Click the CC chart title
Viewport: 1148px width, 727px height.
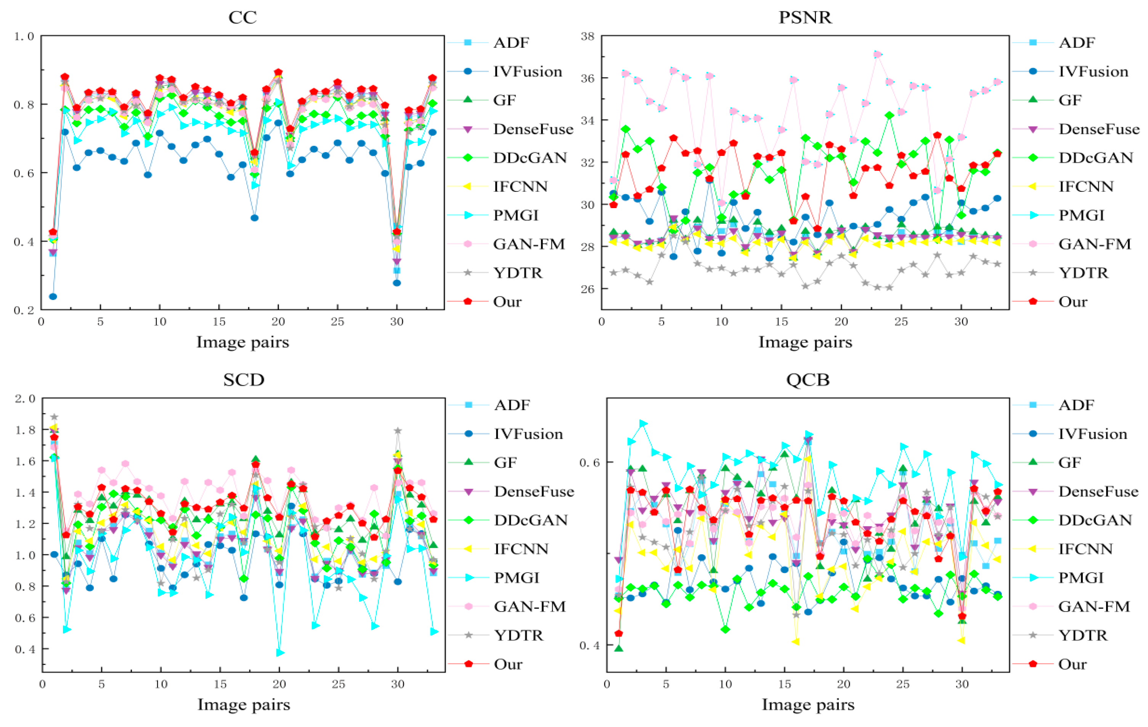click(x=242, y=17)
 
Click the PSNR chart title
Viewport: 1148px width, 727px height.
click(x=805, y=17)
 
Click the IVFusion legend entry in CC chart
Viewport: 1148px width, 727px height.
click(x=527, y=72)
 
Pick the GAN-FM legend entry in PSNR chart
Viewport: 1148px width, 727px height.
click(x=1094, y=244)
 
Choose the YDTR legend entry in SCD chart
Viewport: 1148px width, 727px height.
click(x=519, y=635)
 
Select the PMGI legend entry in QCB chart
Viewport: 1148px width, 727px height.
click(x=1081, y=578)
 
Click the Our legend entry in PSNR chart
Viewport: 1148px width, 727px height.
click(x=1073, y=302)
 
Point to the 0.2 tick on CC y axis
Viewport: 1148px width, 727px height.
click(x=24, y=310)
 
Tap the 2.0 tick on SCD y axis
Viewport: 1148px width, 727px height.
click(x=25, y=398)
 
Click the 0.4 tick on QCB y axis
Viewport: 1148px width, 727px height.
click(x=588, y=645)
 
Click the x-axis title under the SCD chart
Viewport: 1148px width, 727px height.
click(x=244, y=705)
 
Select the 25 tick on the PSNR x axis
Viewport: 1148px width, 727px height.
click(x=901, y=322)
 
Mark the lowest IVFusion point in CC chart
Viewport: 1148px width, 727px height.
click(x=53, y=297)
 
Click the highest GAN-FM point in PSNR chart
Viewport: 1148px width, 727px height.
click(x=877, y=55)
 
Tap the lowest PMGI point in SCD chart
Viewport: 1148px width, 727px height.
click(x=280, y=653)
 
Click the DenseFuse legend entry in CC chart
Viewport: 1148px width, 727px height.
click(x=533, y=129)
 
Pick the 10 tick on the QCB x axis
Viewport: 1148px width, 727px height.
click(x=725, y=685)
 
